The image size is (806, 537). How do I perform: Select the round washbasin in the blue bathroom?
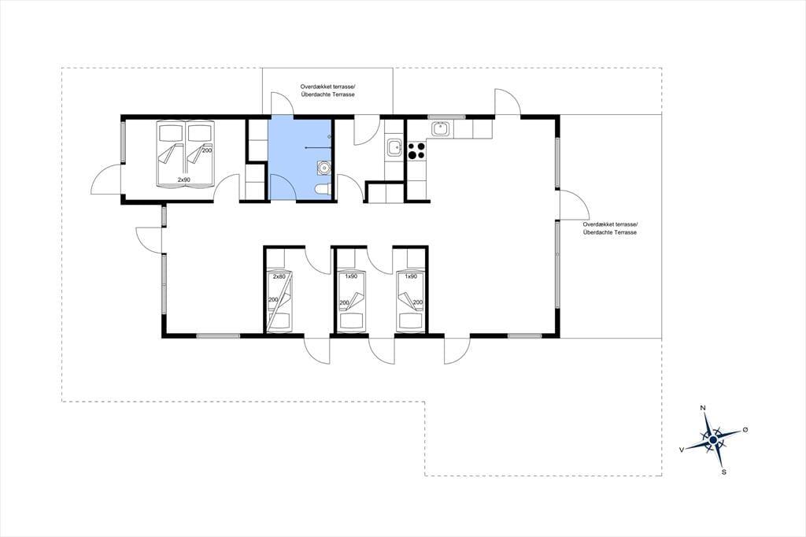tap(324, 168)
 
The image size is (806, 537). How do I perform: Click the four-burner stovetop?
tap(416, 150)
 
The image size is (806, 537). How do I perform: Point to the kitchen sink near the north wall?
tap(441, 128)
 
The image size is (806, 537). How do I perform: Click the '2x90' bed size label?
tap(184, 180)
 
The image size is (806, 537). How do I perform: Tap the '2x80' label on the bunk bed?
tap(279, 276)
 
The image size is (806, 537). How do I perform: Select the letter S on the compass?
tap(724, 472)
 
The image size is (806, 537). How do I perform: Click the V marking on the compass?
tap(682, 450)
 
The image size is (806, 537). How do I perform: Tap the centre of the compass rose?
tap(713, 440)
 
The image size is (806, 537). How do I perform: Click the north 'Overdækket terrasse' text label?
tap(327, 87)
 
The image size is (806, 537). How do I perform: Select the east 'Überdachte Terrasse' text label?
tap(610, 232)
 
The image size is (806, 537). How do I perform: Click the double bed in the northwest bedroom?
tap(184, 154)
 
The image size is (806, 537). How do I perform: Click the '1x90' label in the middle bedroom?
tap(351, 276)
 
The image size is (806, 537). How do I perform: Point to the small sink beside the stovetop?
tap(395, 147)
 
